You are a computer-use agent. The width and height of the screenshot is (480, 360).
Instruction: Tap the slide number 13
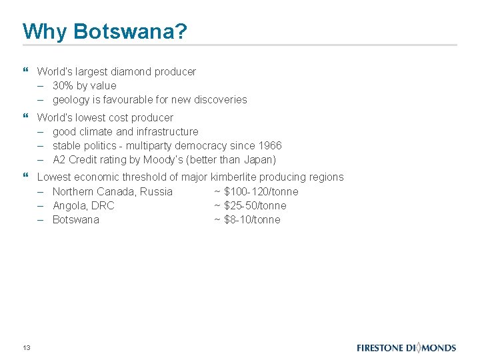tap(27, 347)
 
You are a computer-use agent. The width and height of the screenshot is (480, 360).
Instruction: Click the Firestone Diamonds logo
tap(406, 347)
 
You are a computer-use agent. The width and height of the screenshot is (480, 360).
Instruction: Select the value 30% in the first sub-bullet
tap(63, 85)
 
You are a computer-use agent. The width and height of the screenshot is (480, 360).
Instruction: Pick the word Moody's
tap(165, 159)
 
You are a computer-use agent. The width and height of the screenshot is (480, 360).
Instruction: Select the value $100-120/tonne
tap(261, 191)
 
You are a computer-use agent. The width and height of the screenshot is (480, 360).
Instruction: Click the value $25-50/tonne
tap(255, 205)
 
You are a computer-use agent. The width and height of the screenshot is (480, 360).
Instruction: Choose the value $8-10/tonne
tap(252, 219)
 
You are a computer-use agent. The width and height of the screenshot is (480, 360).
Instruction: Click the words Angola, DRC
tap(83, 205)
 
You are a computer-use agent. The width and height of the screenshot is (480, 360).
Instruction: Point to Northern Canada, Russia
tap(112, 191)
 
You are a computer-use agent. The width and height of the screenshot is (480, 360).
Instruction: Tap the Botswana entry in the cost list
tap(75, 219)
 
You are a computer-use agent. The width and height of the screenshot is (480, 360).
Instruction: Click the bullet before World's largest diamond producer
tap(25, 71)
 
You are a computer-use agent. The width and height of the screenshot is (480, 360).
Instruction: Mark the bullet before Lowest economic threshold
tap(25, 177)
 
